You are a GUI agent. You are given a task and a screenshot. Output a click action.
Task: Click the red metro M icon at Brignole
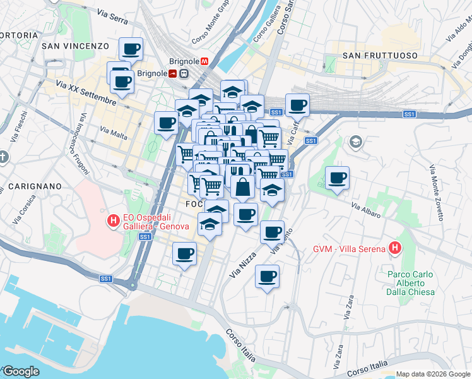tap(204, 61)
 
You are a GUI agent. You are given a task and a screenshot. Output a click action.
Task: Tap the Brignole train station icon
tap(183, 73)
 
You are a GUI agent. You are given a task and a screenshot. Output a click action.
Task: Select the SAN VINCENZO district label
tap(76, 46)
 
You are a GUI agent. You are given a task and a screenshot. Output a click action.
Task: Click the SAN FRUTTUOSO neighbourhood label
tap(380, 56)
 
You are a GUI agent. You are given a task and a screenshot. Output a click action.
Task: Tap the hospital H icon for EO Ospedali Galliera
tap(113, 220)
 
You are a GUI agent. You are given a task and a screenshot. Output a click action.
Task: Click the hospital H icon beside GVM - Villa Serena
tap(395, 248)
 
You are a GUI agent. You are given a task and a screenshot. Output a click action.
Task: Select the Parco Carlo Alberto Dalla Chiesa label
tap(410, 283)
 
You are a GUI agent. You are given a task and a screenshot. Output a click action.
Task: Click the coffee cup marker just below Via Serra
tap(131, 49)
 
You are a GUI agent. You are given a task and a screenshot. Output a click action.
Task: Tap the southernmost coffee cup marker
tap(267, 276)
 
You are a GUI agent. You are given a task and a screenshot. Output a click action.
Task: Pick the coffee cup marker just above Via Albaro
tap(337, 177)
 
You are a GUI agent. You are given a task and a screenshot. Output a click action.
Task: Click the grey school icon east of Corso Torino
tap(355, 141)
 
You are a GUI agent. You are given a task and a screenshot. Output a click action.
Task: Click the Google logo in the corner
tap(21, 371)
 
